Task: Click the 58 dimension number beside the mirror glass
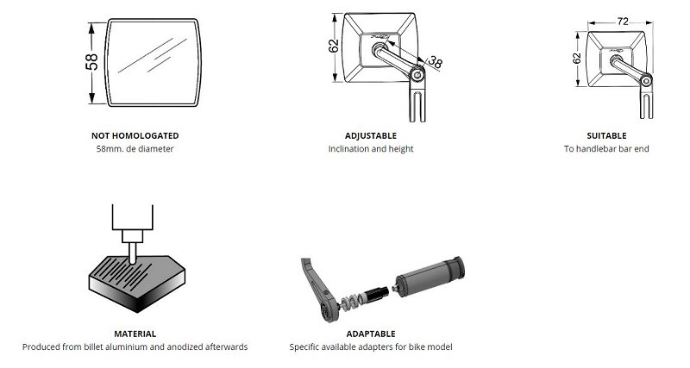pyautogui.click(x=91, y=62)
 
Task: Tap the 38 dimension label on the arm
pyautogui.click(x=435, y=62)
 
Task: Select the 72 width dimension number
pyautogui.click(x=623, y=21)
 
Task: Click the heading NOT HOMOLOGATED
pyautogui.click(x=135, y=136)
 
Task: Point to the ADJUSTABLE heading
pyautogui.click(x=371, y=136)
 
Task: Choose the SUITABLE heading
pyautogui.click(x=606, y=136)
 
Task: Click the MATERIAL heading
pyautogui.click(x=135, y=334)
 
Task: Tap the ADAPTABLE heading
pyautogui.click(x=371, y=334)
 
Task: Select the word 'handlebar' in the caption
pyautogui.click(x=596, y=149)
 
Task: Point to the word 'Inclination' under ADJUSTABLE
pyautogui.click(x=348, y=149)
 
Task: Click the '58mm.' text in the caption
pyautogui.click(x=110, y=149)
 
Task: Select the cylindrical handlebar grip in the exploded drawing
pyautogui.click(x=430, y=276)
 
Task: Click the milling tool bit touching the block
pyautogui.click(x=133, y=253)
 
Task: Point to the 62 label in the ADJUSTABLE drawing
pyautogui.click(x=334, y=46)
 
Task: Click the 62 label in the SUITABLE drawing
pyautogui.click(x=577, y=59)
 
